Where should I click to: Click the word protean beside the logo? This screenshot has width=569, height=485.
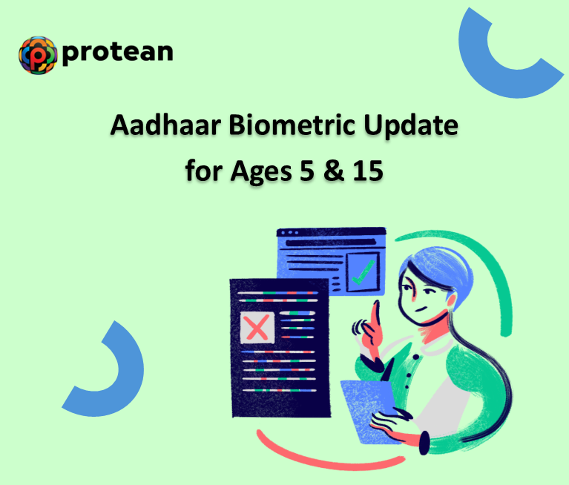(x=119, y=52)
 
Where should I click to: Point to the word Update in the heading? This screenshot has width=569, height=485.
(x=412, y=126)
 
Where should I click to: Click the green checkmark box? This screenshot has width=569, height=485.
(x=362, y=272)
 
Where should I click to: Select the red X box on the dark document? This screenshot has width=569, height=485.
(x=257, y=327)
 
